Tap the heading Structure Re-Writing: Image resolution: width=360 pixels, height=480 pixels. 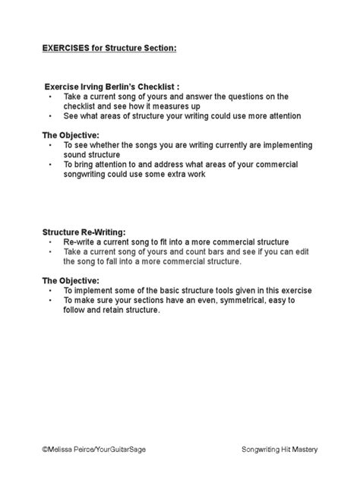(x=84, y=232)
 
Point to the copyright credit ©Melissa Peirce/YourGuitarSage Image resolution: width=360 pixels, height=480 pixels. (x=93, y=450)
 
